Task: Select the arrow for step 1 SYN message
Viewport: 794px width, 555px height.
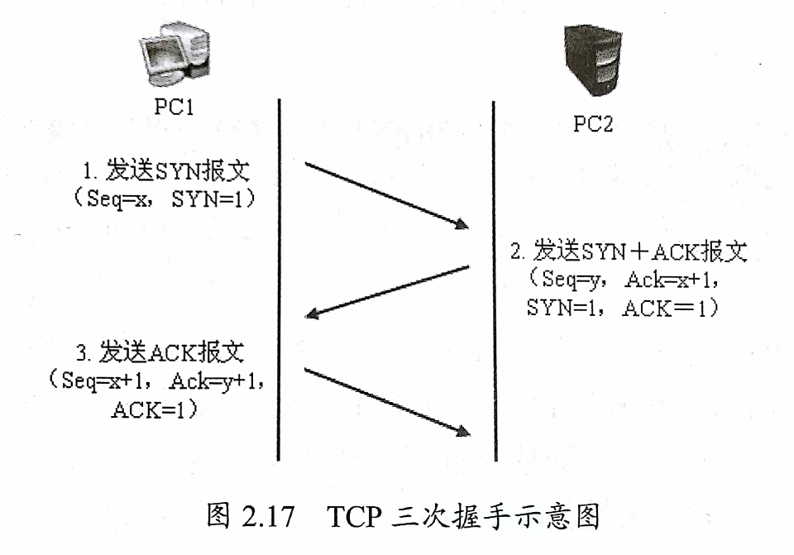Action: pos(386,195)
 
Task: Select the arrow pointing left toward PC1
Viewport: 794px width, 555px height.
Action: pos(386,290)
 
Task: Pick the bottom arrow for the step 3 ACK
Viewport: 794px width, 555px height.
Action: pos(386,401)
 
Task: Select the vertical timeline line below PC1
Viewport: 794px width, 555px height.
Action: pos(280,281)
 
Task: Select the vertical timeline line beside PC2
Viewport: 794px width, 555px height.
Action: pos(494,281)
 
